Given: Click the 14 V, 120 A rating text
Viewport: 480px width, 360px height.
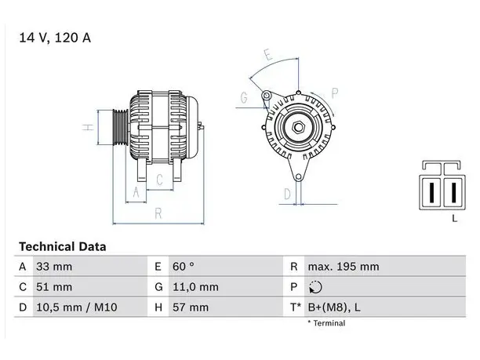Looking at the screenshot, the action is point(55,38).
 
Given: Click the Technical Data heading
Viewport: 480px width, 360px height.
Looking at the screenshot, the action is point(63,247).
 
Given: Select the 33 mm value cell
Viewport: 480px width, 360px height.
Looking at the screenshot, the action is point(54,267).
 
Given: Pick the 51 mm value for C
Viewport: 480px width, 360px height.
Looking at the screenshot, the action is point(54,287).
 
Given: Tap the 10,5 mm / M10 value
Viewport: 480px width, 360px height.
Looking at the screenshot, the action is point(77,307).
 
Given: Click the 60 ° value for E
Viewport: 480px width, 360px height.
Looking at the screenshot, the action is point(183,267).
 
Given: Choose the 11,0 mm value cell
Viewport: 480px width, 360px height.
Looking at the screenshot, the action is point(195,287).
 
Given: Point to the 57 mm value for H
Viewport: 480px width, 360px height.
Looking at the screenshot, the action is point(191,307).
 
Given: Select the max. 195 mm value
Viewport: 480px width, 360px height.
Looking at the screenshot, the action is point(344,267).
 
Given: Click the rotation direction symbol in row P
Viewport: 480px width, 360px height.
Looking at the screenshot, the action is point(315,287).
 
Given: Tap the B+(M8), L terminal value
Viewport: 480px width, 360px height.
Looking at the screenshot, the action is point(334,307).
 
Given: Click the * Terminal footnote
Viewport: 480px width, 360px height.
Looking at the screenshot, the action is point(326,323).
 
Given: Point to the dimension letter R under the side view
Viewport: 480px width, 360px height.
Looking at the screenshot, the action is point(158,213).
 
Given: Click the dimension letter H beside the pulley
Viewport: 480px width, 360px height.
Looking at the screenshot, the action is point(88,127).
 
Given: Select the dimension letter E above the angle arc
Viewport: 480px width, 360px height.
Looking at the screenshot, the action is point(268,55).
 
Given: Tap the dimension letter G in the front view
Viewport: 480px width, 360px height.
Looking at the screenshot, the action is point(244,98).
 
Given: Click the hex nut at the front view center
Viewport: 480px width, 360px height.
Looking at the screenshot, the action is point(298,127).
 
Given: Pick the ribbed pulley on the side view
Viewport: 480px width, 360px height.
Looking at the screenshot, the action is point(120,127).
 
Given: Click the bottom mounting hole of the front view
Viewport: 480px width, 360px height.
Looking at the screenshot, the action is point(299,177).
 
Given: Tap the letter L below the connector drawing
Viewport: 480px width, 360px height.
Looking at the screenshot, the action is point(455,218).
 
